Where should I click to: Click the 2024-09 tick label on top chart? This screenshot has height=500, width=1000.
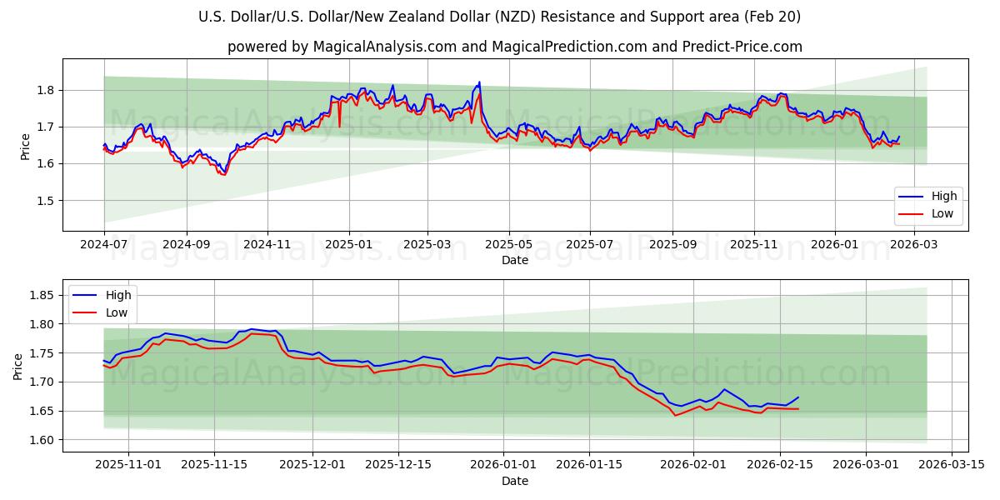(185, 245)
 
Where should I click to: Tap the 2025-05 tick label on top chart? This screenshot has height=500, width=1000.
(508, 245)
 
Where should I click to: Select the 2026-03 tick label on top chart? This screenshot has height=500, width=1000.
(915, 245)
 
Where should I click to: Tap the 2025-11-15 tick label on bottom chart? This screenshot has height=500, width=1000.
(215, 465)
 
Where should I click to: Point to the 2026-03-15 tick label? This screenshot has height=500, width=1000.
(949, 465)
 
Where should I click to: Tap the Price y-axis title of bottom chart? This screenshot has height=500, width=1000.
(17, 366)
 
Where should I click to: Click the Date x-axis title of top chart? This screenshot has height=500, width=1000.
(514, 260)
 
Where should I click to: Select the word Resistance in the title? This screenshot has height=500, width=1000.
(611, 17)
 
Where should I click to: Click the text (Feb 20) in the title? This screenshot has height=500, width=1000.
(772, 17)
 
